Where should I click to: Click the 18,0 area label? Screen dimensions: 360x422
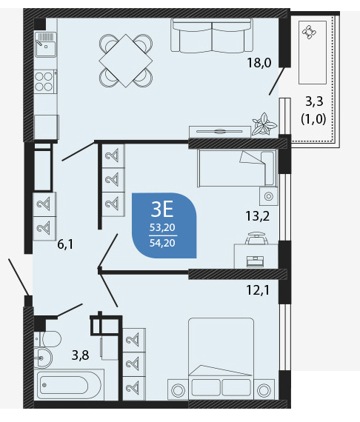pos(259,63)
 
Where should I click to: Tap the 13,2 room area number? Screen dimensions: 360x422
pos(258,216)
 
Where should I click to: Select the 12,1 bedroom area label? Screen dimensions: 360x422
pos(258,290)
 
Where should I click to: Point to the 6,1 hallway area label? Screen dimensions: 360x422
pos(65,244)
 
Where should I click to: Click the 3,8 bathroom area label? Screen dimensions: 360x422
pos(80,355)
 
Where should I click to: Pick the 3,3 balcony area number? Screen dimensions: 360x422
pos(314,101)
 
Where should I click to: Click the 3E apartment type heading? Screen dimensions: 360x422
pos(162,210)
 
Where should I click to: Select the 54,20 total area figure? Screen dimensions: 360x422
pos(162,243)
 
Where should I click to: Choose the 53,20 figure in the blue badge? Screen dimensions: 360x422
pos(162,228)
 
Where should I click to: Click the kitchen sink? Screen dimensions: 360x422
pos(46,44)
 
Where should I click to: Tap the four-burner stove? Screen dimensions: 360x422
pos(45,81)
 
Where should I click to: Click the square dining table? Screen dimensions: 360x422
pos(126,61)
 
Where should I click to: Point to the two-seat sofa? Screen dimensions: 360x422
pos(212,35)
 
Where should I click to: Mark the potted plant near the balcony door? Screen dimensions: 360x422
pos(264,124)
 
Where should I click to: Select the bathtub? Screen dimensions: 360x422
pos(69,385)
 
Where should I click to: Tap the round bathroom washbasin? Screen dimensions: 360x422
pos(43,358)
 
